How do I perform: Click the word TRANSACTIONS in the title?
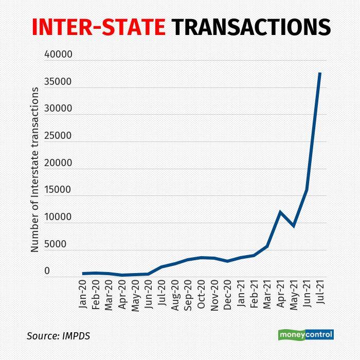pyautogui.click(x=250, y=27)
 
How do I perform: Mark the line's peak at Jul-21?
pyautogui.click(x=319, y=73)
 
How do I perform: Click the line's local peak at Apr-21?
pyautogui.click(x=280, y=211)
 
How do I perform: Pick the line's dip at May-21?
pyautogui.click(x=293, y=226)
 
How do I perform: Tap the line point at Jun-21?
pyautogui.click(x=307, y=190)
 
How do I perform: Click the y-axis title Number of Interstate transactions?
pyautogui.click(x=35, y=169)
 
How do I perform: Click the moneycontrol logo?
pyautogui.click(x=306, y=335)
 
